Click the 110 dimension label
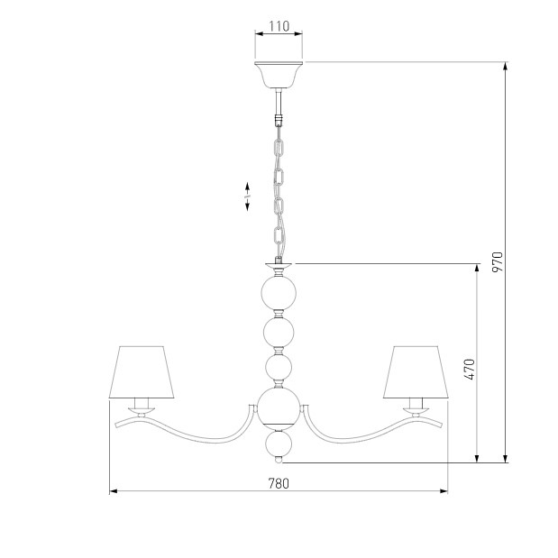[279, 26]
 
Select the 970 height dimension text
[498, 262]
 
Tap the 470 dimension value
[470, 370]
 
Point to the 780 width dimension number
[279, 483]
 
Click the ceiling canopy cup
[279, 75]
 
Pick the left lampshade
[142, 372]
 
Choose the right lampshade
[416, 372]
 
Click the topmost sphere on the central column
[279, 293]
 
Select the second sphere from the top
[279, 333]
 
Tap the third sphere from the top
[279, 367]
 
